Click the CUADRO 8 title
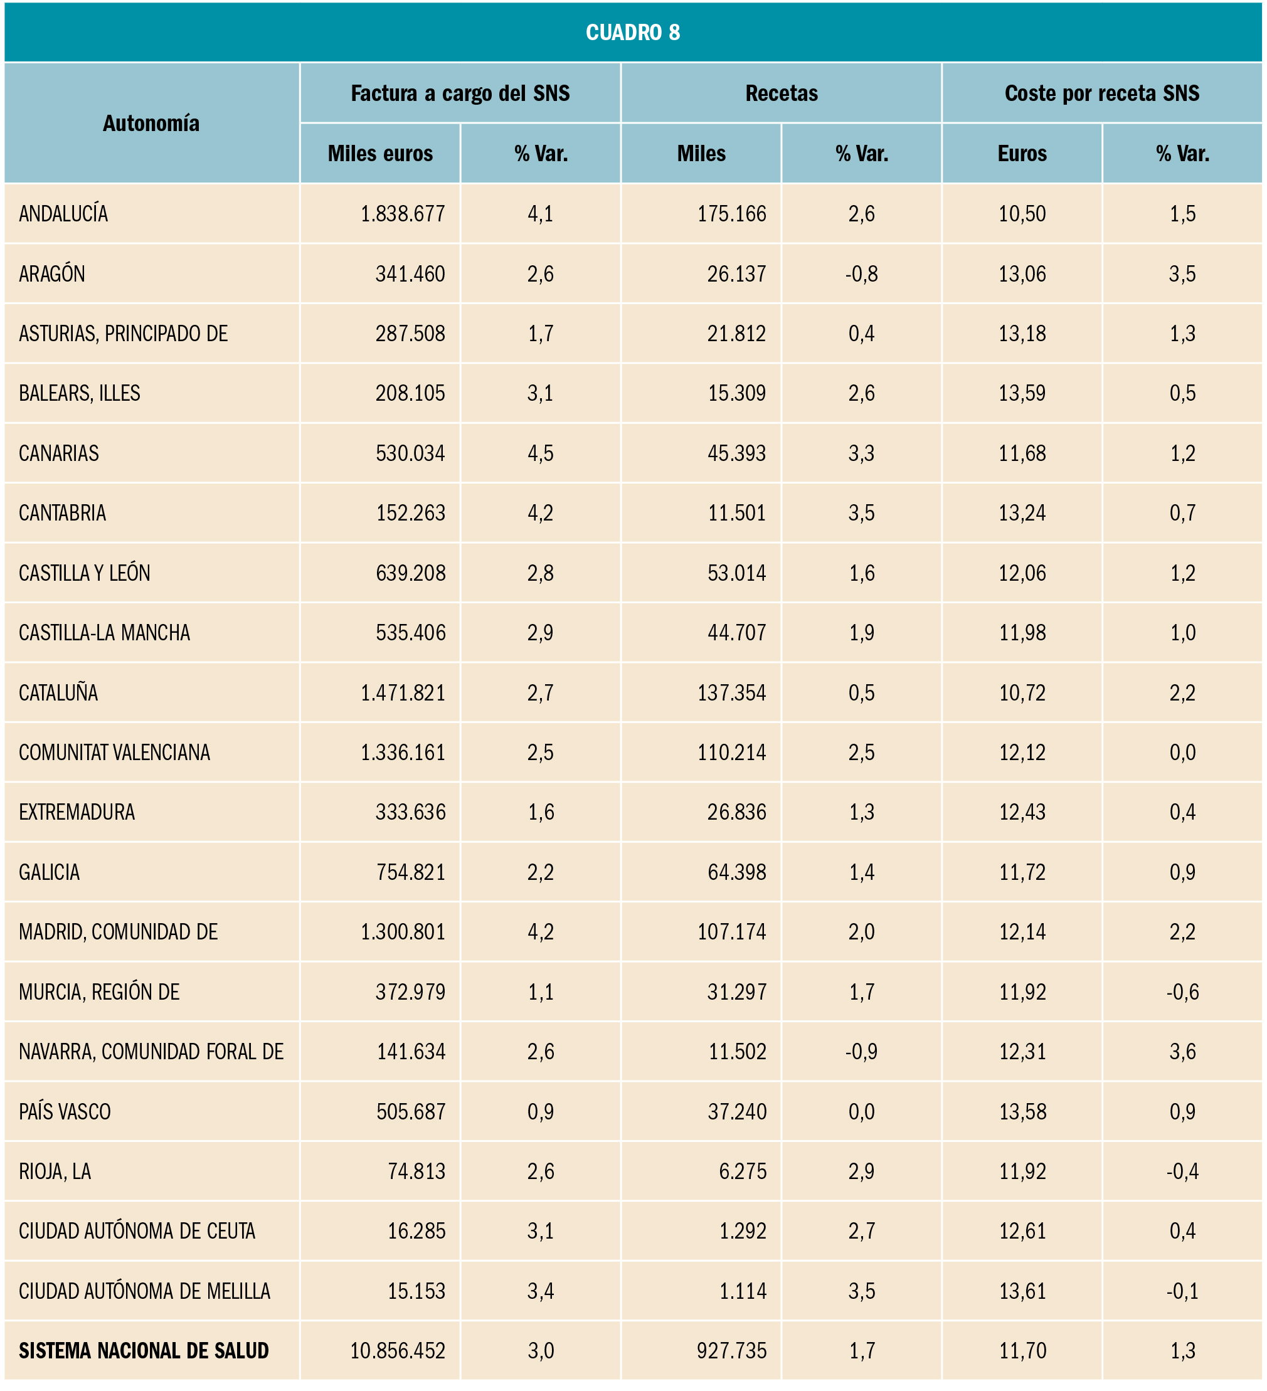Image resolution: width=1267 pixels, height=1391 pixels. (633, 33)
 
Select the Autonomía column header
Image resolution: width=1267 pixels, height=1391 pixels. (151, 123)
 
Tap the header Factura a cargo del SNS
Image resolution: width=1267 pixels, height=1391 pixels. (460, 93)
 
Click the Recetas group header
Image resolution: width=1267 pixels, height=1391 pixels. (781, 93)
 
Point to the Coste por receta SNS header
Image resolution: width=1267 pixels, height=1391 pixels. (1102, 93)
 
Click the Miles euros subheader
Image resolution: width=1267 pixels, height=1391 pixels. (380, 153)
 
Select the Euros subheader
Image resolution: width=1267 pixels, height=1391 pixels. (1022, 153)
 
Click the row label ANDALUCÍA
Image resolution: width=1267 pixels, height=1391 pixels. (63, 214)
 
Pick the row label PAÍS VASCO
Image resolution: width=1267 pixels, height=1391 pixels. (65, 1111)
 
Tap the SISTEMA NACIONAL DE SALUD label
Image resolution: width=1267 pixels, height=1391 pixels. (144, 1351)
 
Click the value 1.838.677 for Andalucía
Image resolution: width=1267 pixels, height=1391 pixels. (403, 214)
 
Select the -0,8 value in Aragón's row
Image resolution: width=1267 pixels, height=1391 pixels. (861, 274)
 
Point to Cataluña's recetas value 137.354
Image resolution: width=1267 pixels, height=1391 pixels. (731, 693)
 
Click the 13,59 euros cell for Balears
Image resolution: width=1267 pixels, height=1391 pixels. (1022, 393)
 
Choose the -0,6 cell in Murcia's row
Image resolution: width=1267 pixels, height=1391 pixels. (1182, 992)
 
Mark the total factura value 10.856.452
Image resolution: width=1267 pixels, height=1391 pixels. (398, 1351)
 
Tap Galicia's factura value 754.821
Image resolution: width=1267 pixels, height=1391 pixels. (411, 872)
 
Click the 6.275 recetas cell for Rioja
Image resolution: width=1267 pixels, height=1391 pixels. (743, 1172)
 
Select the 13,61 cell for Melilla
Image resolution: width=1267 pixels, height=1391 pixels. (1022, 1291)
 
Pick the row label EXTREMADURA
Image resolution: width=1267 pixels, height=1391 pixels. (77, 812)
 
